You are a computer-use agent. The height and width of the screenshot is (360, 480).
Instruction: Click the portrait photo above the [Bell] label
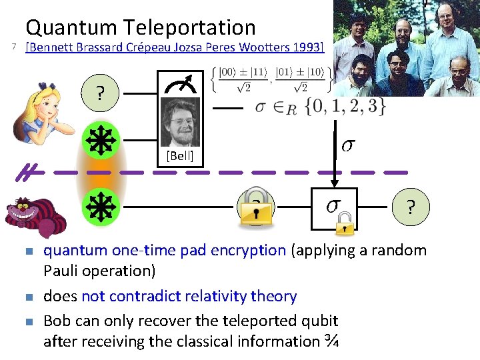coord(180,122)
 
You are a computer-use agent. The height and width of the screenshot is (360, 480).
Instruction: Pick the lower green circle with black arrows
coord(100,207)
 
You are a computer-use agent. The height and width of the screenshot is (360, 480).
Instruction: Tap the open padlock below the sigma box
coord(344,223)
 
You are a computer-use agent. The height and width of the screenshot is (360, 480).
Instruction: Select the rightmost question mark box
coord(411,207)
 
